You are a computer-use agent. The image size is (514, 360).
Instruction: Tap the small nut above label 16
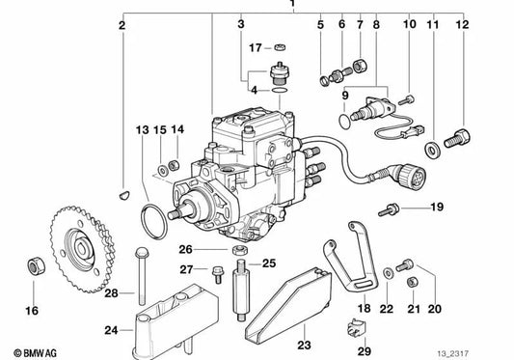34,264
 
